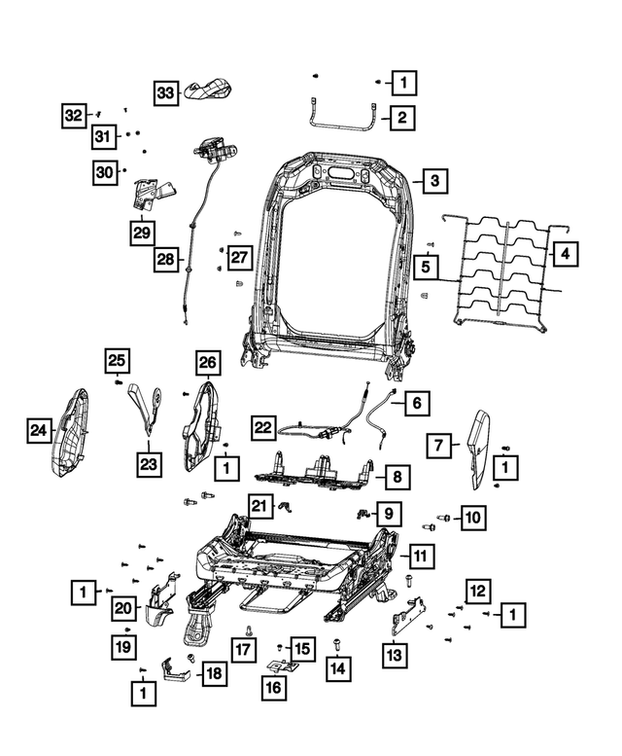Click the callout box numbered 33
tap(166, 92)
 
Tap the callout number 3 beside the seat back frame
tap(434, 181)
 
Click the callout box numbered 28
tap(168, 260)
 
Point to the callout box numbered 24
tap(39, 428)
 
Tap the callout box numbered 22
tap(263, 426)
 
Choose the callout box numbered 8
tap(396, 477)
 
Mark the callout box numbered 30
tap(105, 172)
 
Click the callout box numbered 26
tap(207, 363)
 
